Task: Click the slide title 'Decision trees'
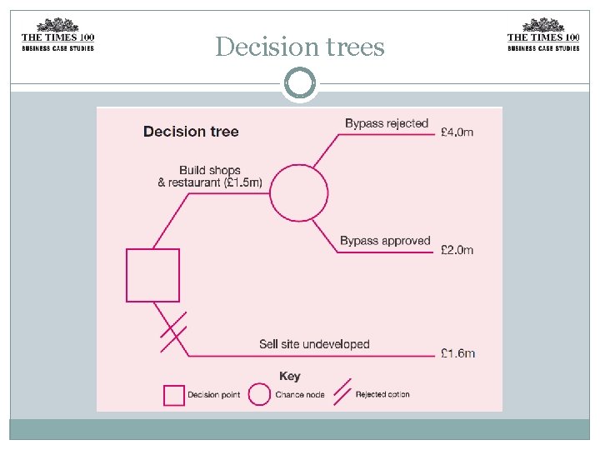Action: pyautogui.click(x=300, y=47)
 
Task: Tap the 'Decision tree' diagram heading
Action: pyautogui.click(x=191, y=131)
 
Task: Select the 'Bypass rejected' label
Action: pyautogui.click(x=386, y=123)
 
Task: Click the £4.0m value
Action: pyautogui.click(x=457, y=132)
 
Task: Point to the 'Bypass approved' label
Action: pyautogui.click(x=384, y=241)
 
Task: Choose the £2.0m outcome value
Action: pyautogui.click(x=457, y=250)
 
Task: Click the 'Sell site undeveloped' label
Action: pyautogui.click(x=314, y=343)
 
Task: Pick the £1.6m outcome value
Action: pyautogui.click(x=457, y=352)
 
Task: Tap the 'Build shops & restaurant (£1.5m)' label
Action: pyautogui.click(x=210, y=177)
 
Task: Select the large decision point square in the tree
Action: pyautogui.click(x=152, y=275)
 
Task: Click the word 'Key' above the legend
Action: pyautogui.click(x=290, y=376)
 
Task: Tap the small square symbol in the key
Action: pyautogui.click(x=173, y=394)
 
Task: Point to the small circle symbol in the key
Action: pyautogui.click(x=260, y=394)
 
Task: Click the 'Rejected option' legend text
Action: pyautogui.click(x=382, y=394)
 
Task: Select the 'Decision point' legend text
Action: pyautogui.click(x=214, y=394)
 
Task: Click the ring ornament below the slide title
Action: pyautogui.click(x=300, y=84)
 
